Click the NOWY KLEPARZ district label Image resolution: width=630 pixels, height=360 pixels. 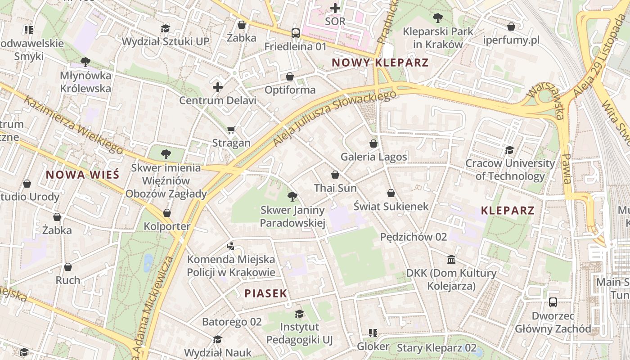[x=380, y=63]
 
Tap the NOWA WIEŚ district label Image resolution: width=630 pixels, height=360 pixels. [x=82, y=175]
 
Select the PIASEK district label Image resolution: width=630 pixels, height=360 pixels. [x=265, y=293]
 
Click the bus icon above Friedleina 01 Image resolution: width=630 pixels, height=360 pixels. [x=295, y=33]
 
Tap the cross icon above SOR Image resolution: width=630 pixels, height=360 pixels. [x=335, y=8]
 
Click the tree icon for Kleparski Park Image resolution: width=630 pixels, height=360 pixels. [x=437, y=18]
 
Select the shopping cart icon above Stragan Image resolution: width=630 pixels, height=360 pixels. [x=231, y=130]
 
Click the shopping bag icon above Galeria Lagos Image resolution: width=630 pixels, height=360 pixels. [x=373, y=144]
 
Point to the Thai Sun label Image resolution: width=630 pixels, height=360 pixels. [x=335, y=188]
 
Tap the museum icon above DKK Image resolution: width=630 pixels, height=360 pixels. [x=451, y=260]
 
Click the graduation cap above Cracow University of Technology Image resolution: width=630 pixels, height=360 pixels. [x=509, y=150]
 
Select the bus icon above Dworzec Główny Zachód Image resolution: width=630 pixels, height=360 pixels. [x=553, y=302]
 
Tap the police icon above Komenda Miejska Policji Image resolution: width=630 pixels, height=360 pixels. [x=231, y=246]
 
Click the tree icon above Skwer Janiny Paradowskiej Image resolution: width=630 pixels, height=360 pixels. [x=292, y=196]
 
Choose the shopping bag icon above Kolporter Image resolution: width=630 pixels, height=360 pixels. [x=167, y=213]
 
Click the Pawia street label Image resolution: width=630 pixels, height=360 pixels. [x=566, y=169]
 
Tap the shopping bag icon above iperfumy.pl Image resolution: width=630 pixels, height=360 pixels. [x=511, y=27]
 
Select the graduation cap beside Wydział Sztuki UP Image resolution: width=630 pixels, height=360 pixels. [x=165, y=28]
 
